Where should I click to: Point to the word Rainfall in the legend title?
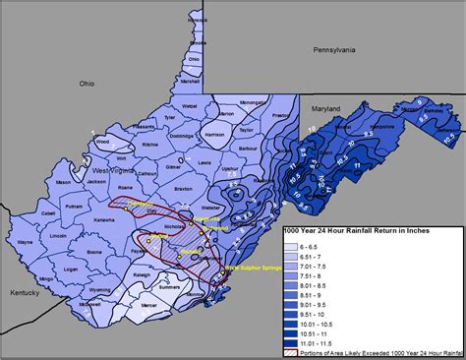[x=383, y=231]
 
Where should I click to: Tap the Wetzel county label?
[x=191, y=101]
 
